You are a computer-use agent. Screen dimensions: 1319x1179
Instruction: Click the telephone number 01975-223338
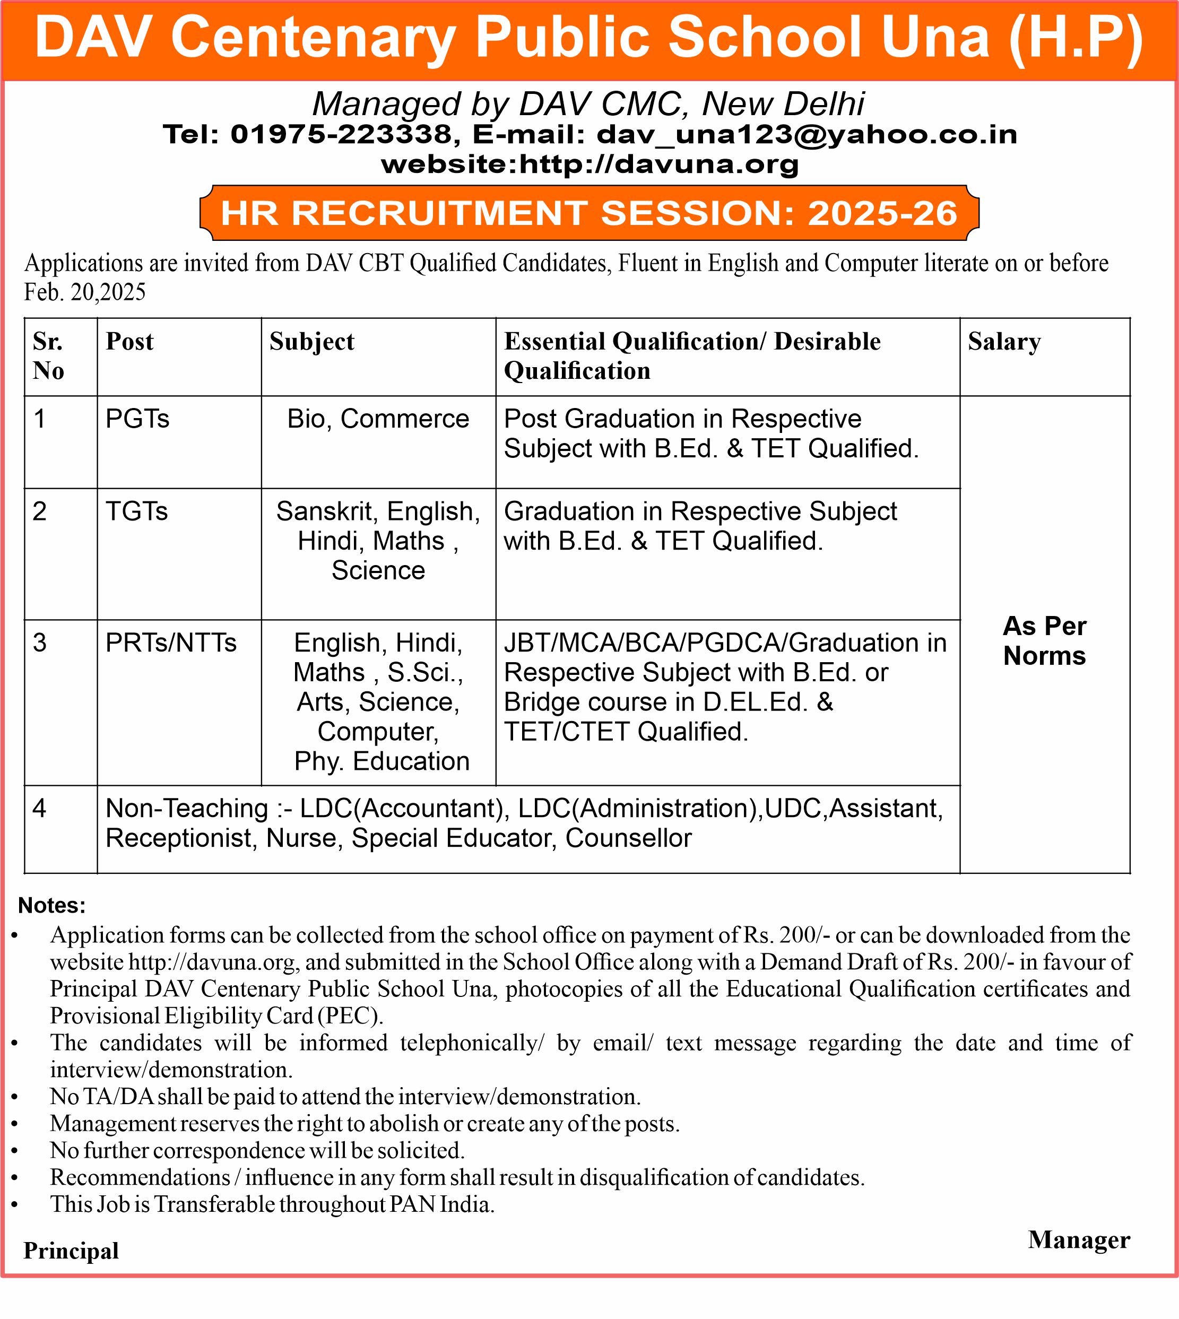click(341, 134)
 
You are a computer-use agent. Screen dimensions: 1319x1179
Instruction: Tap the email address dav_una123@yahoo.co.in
click(807, 134)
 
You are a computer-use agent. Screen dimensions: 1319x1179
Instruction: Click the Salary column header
click(1004, 341)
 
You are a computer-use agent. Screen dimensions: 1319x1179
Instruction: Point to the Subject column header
click(311, 341)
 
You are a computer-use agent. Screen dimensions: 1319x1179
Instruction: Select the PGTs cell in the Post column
click(137, 419)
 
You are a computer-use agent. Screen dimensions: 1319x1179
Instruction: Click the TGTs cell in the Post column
click(137, 512)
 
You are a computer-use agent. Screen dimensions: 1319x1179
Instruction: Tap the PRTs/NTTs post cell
click(171, 643)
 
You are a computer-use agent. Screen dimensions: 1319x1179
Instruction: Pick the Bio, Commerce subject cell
click(378, 419)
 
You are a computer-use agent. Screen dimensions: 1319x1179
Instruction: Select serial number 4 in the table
click(39, 809)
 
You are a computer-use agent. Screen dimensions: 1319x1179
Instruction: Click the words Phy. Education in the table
click(382, 761)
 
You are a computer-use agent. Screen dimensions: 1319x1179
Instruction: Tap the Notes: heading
click(52, 905)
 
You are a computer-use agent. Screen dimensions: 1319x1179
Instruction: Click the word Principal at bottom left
click(71, 1251)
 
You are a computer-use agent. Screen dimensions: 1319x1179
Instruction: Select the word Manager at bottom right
click(1079, 1240)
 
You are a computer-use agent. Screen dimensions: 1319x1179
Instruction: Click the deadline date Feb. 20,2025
click(85, 292)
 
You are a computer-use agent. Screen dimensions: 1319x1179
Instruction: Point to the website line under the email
click(589, 164)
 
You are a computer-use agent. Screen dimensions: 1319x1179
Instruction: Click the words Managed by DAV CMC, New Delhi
click(588, 103)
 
